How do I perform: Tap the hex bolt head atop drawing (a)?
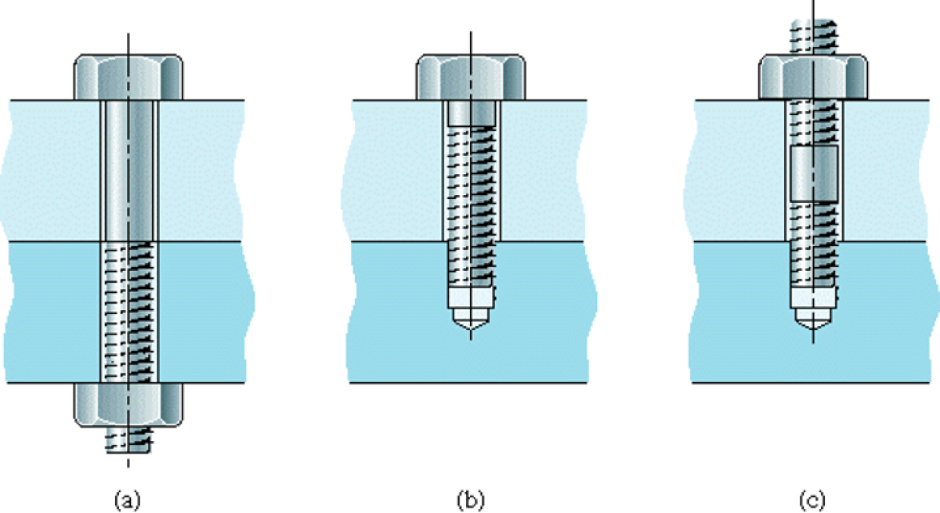point(129,77)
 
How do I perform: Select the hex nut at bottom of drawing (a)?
point(129,404)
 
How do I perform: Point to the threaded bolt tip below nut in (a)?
point(129,441)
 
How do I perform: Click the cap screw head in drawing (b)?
point(470,77)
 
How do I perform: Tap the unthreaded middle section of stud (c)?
point(814,173)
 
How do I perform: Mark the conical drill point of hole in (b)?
point(470,320)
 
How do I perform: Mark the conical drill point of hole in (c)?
point(813,320)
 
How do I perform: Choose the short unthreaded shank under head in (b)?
point(470,114)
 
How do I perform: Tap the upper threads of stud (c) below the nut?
point(813,122)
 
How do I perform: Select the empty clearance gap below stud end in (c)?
point(813,299)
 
